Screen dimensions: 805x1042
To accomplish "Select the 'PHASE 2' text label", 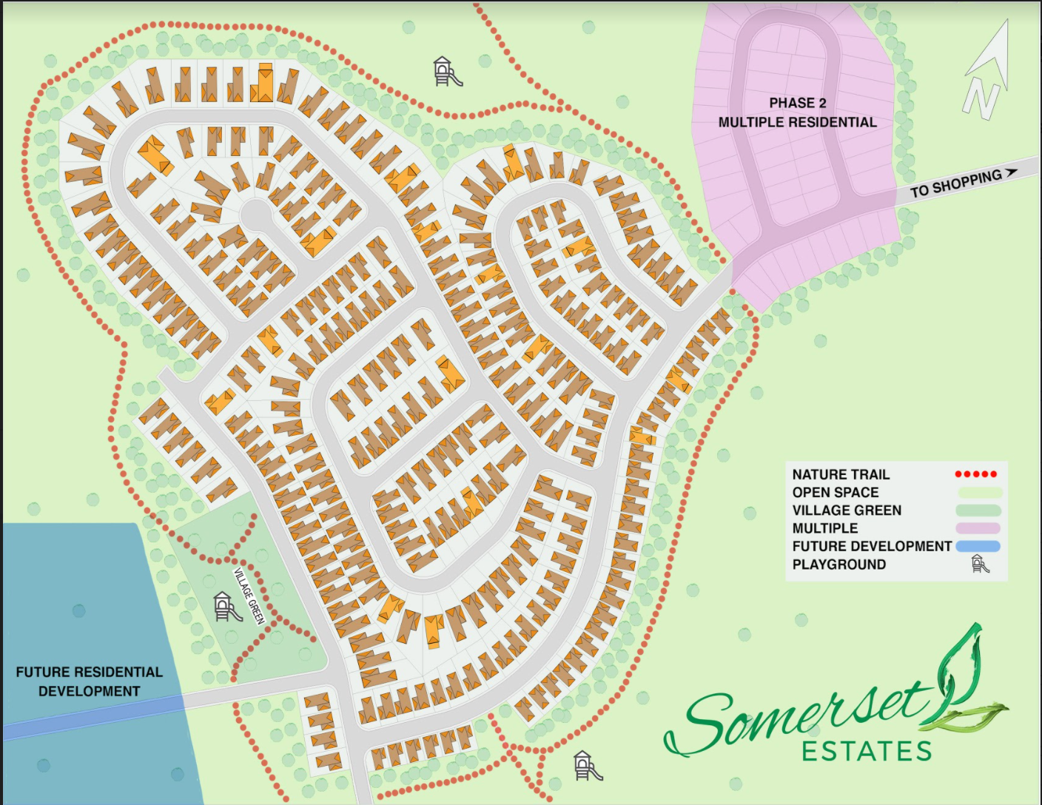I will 797,103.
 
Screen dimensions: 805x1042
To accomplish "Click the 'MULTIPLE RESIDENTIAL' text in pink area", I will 797,122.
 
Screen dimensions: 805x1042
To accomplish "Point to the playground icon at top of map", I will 446,72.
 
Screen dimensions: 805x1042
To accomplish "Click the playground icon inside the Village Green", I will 226,607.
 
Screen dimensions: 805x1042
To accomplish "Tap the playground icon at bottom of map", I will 587,766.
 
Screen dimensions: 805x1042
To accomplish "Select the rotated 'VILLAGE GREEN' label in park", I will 249,596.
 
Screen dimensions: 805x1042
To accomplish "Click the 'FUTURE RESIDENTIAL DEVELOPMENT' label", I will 89,681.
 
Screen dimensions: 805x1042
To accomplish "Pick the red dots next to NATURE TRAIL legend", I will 975,474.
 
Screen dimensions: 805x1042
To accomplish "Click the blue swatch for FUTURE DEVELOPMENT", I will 978,546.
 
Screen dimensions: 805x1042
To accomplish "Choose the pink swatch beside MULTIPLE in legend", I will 978,528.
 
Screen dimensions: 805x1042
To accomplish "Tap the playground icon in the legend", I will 980,565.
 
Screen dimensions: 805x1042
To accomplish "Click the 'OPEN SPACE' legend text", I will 835,493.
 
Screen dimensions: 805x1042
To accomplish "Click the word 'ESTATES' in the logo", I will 866,752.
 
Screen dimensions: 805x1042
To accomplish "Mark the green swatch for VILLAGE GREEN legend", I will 978,511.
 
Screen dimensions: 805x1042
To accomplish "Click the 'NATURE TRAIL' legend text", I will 841,474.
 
